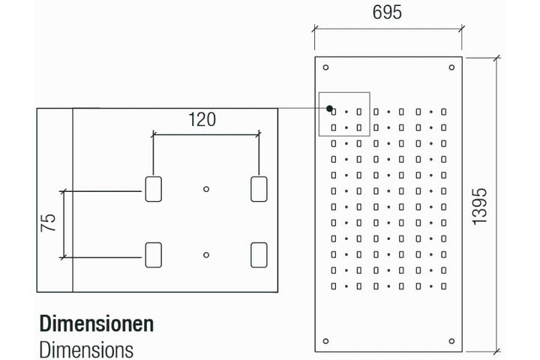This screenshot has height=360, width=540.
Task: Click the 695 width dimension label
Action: coord(387,12)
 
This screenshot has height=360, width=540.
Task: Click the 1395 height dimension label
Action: coord(479,207)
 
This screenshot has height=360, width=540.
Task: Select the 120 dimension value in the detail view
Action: coord(202,119)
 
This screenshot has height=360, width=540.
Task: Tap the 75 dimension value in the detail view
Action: coord(48,223)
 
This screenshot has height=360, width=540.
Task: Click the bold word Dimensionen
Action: coord(97,324)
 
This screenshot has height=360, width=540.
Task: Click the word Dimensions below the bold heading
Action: coord(86,350)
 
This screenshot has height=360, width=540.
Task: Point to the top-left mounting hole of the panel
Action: coord(325,67)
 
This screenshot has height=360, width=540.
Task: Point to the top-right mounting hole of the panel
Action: coord(451,67)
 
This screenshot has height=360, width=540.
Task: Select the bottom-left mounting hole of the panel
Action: coord(325,341)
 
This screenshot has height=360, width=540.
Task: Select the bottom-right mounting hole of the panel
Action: coord(451,341)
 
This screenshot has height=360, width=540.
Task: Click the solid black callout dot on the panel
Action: coord(329,109)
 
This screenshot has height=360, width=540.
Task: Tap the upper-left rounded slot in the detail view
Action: coord(154,189)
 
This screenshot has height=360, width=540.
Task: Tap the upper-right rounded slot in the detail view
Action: coord(259,189)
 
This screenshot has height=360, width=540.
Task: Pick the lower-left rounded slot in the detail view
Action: coord(154,255)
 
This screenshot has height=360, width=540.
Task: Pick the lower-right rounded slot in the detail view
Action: coord(259,255)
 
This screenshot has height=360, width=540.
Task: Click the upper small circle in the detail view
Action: coord(206,189)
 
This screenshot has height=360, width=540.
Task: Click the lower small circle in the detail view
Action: coord(206,255)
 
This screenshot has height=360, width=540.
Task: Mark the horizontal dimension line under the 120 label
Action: coord(206,135)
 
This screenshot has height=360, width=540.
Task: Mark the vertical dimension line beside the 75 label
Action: coord(64,224)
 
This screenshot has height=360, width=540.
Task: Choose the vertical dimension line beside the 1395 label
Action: coord(496,205)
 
